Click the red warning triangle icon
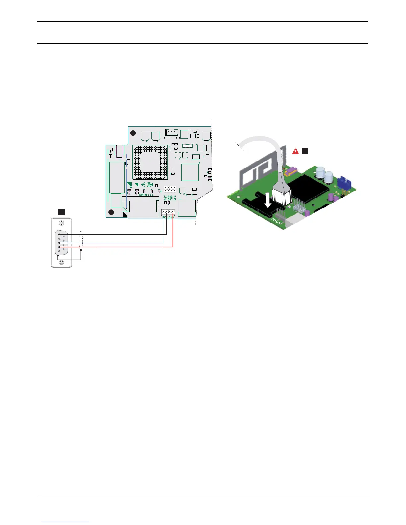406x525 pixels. [x=295, y=151]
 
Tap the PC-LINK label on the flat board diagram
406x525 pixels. [x=168, y=217]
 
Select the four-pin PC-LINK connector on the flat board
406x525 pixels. [x=168, y=212]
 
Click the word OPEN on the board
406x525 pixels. [x=143, y=195]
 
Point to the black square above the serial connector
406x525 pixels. [x=61, y=212]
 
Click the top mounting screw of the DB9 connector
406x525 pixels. [x=61, y=224]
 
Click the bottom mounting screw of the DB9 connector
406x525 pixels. [x=61, y=262]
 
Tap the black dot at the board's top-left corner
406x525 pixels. [x=133, y=133]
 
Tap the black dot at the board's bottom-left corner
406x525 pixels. [x=111, y=212]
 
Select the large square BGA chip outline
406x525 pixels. [x=150, y=162]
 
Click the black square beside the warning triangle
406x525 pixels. [x=304, y=151]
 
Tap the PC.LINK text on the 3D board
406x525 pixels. [x=277, y=222]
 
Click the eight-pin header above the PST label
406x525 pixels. [x=170, y=189]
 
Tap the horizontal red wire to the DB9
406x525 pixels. [x=126, y=247]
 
